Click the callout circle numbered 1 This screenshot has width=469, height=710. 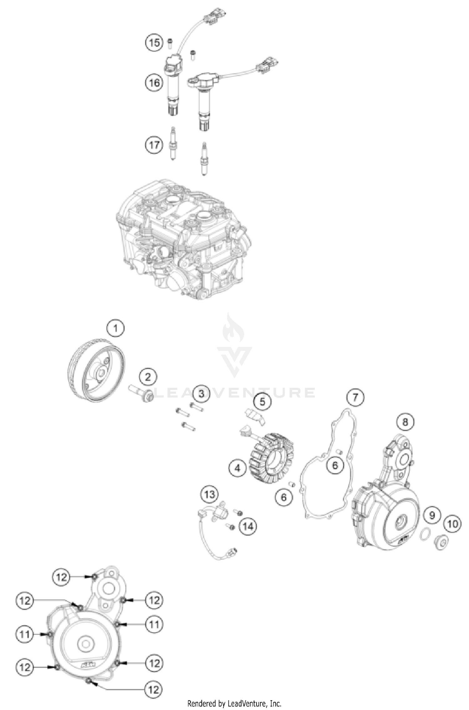pos(115,328)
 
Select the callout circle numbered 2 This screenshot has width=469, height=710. pos(148,377)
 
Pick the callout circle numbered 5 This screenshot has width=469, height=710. pos(262,402)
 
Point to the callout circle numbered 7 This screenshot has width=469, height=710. pos(355,398)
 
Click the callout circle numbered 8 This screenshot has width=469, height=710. pos(405,422)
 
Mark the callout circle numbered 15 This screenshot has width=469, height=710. pos(154,42)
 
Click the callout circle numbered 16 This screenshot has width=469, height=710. pos(154,83)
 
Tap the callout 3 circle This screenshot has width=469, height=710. pos(201,393)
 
